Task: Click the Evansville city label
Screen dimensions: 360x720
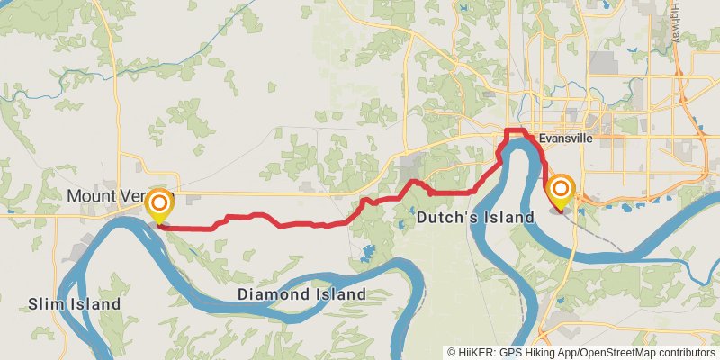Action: pos(568,139)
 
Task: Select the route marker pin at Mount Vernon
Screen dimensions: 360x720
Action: pos(159,205)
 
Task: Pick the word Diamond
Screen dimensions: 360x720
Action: pos(271,294)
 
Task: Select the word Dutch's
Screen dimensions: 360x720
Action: pos(445,218)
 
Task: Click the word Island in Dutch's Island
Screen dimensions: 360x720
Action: pos(505,218)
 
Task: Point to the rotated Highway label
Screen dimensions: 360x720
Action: pos(676,22)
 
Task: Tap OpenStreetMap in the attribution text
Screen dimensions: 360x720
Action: pos(608,352)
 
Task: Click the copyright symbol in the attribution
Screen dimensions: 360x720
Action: pos(452,352)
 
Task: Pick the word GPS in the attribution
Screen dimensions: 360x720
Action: pos(509,352)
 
